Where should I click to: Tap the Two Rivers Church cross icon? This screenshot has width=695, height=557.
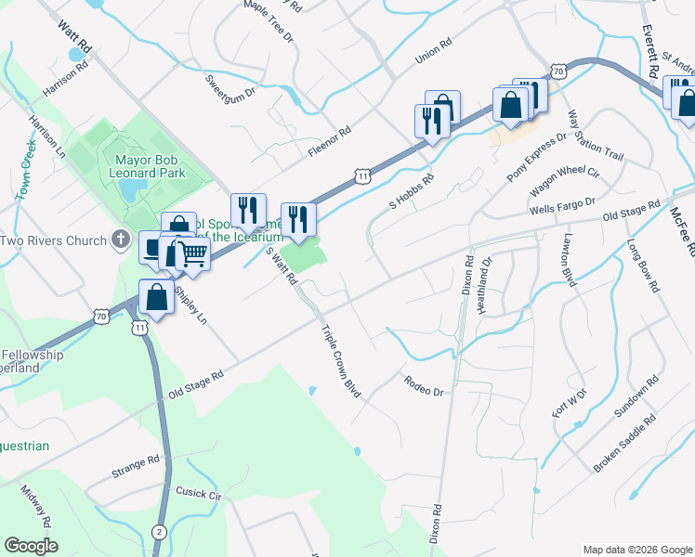119,240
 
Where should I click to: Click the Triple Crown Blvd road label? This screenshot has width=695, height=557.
340,361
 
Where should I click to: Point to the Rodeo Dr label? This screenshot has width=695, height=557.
424,385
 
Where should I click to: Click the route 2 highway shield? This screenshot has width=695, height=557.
159,531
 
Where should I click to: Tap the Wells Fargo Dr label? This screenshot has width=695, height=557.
561,207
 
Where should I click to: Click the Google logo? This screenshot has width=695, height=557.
31,545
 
